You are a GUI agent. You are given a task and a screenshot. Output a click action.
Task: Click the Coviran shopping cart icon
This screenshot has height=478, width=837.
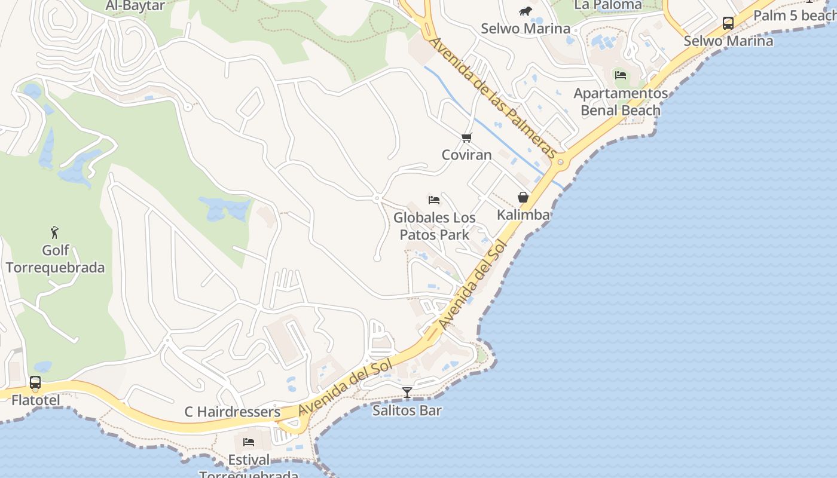(x=467, y=138)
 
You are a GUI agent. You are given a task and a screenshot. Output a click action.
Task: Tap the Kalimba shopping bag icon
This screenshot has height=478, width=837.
(x=523, y=197)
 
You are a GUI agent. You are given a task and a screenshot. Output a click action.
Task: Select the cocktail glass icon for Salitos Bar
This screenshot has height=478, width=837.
(x=407, y=393)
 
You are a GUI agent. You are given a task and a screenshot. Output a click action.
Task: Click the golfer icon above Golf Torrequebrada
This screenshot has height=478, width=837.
(x=55, y=232)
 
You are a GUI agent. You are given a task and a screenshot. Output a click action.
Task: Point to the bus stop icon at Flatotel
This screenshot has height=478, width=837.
(x=35, y=382)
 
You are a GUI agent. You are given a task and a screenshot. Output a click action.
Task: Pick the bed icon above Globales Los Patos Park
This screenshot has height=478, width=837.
(x=434, y=200)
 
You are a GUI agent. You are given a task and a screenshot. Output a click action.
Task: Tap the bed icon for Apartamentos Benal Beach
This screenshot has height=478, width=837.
(x=621, y=75)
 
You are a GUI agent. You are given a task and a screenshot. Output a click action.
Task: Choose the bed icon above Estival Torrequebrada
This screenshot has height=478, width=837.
(x=249, y=442)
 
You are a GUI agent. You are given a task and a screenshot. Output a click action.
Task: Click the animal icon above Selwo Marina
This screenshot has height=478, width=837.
(x=526, y=11)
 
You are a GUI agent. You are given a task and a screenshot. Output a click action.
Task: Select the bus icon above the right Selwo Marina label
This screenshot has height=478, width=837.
(x=728, y=23)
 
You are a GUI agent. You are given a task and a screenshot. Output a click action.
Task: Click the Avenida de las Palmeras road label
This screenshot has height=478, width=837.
(x=494, y=99)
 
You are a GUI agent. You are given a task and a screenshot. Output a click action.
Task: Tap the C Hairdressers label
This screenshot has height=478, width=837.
(x=232, y=412)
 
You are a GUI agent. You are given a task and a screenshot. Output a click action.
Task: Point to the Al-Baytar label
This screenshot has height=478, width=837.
(x=135, y=6)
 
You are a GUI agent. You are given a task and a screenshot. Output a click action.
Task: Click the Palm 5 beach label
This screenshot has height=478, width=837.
(x=794, y=16)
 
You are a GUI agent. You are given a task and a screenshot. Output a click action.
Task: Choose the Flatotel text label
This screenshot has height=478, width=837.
(x=36, y=400)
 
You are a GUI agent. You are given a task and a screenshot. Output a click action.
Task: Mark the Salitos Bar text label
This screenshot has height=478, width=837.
(x=407, y=410)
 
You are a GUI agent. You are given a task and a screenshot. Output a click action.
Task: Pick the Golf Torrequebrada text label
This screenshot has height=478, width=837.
(x=56, y=259)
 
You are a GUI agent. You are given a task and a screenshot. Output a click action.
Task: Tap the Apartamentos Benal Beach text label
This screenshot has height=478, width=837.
(x=621, y=102)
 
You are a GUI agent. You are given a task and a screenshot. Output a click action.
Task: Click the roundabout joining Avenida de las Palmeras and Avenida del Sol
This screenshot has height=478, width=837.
(x=560, y=161)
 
